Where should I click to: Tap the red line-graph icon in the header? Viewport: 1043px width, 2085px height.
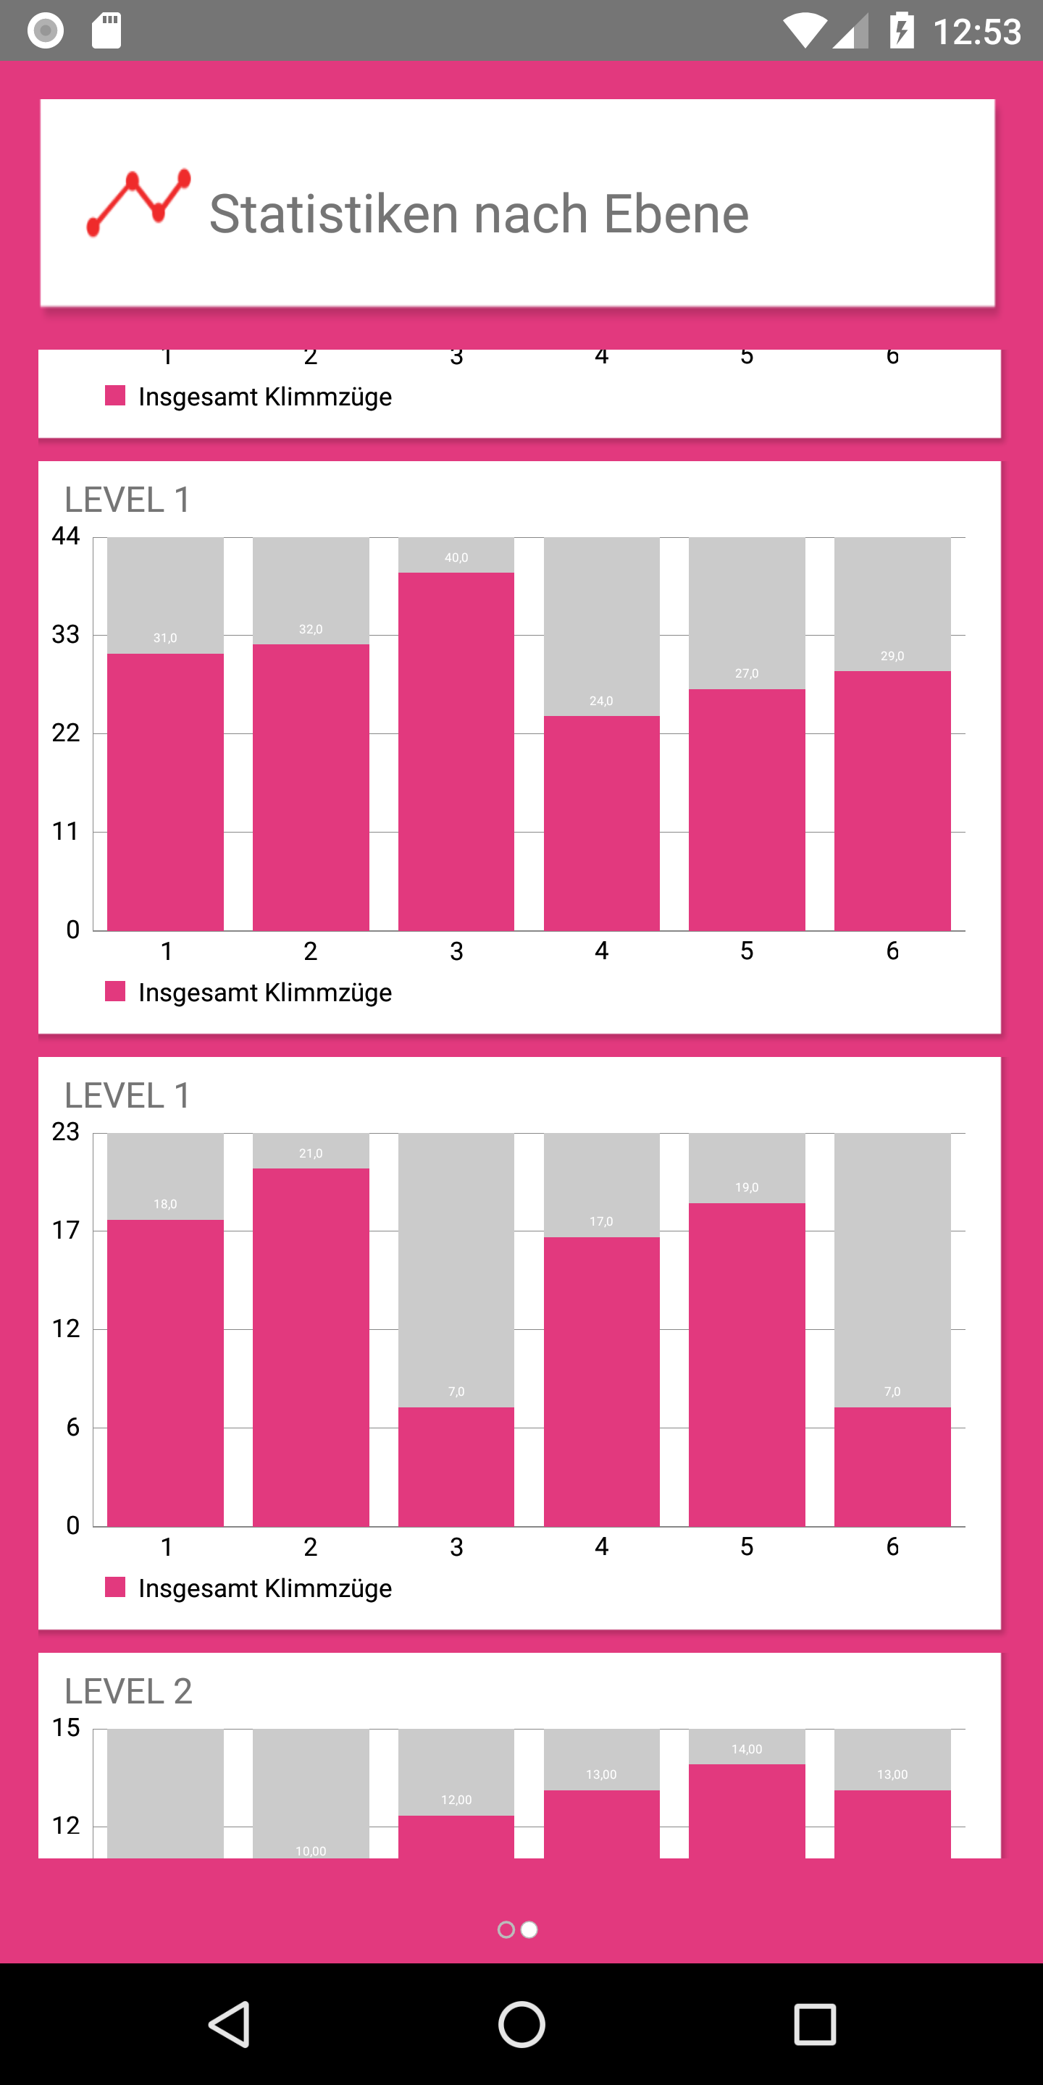(x=138, y=203)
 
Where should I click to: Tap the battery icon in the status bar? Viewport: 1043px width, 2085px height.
(x=901, y=30)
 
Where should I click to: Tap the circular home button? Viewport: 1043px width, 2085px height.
(x=521, y=2023)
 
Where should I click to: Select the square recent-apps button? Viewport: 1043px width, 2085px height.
(x=814, y=2023)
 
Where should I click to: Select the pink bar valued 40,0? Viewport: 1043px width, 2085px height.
(x=456, y=753)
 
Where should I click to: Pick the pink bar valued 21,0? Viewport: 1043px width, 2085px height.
(x=311, y=1347)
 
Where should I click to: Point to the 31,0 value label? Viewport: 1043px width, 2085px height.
(x=165, y=639)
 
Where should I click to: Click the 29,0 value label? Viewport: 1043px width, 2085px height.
(x=892, y=657)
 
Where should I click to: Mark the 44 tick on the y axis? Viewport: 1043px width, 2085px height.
(x=66, y=536)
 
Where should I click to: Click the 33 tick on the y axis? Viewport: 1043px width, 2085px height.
(x=66, y=635)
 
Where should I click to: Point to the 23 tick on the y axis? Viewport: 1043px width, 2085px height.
(x=66, y=1132)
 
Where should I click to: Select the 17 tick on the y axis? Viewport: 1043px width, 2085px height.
(x=66, y=1231)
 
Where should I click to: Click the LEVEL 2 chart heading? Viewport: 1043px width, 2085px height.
(x=128, y=1692)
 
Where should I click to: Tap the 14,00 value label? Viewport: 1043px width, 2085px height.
(x=747, y=1750)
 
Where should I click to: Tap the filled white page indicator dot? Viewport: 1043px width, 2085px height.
(x=529, y=1930)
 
